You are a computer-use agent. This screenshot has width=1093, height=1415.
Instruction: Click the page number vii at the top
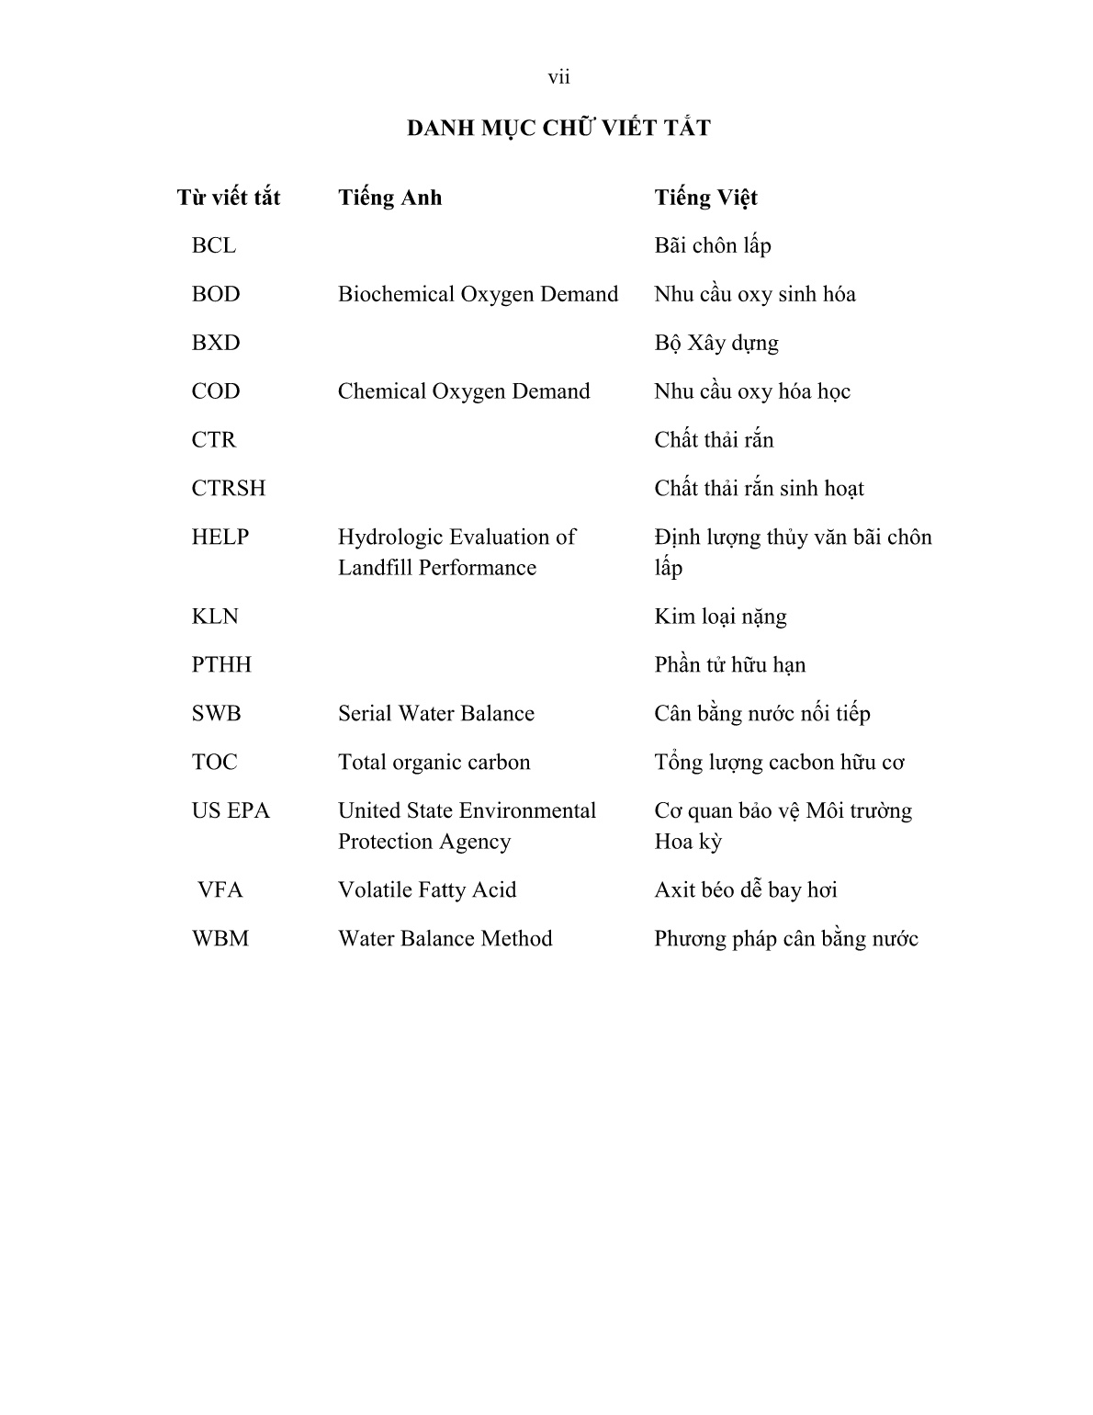tap(558, 78)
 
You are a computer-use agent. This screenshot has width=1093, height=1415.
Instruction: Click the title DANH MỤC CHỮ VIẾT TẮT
tap(558, 128)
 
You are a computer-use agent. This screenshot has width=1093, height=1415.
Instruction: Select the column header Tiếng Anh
tap(389, 198)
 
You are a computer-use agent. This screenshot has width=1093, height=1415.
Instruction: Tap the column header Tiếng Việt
tap(705, 198)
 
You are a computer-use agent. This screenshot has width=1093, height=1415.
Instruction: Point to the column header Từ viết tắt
tap(229, 198)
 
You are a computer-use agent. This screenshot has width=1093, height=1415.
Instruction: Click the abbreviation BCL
tap(214, 245)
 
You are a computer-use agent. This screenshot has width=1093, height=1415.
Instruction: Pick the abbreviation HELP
tap(220, 537)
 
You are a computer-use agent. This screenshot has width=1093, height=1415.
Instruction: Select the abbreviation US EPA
tap(231, 810)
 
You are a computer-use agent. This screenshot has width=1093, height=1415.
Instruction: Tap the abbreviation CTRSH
tap(229, 488)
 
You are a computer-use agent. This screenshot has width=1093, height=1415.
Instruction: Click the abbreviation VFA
tap(220, 889)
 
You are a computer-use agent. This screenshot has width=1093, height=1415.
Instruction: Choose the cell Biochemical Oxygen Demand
tap(478, 294)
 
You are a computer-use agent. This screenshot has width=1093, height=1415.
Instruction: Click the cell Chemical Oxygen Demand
tap(464, 391)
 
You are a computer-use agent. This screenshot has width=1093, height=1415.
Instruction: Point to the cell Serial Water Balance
tap(436, 714)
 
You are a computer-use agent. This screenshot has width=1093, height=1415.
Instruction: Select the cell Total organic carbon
tap(434, 763)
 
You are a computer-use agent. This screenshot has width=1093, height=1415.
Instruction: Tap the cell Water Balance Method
tap(445, 938)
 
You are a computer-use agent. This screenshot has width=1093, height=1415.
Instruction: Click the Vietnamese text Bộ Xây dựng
tap(716, 343)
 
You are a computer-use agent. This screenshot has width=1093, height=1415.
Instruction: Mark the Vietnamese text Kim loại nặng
tap(720, 617)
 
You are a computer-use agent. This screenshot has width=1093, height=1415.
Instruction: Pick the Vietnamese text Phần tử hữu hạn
tap(729, 664)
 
